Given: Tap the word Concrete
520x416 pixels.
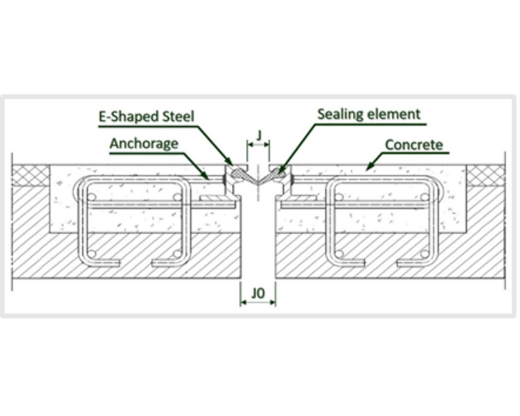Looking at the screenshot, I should pos(414,146).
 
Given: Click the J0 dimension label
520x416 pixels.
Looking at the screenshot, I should pos(258,294).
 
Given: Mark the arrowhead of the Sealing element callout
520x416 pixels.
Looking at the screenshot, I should pos(279,171).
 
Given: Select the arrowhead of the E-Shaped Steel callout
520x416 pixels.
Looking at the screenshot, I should pos(232,166).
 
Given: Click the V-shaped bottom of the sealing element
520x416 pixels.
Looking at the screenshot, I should pos(258,182).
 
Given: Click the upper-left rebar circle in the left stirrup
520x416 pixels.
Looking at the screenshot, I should pos(90,197).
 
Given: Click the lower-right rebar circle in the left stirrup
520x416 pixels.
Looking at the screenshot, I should pos(180,252).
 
